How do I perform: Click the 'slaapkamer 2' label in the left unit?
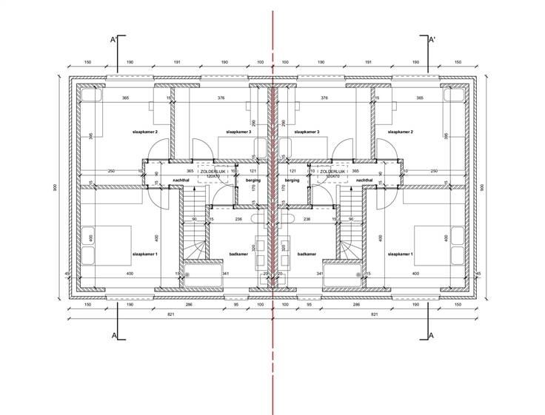tap(145, 132)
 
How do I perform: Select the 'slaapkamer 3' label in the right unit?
tap(307, 132)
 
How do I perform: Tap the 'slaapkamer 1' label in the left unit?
tap(145, 254)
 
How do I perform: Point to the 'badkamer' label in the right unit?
tap(307, 254)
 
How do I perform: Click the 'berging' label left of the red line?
tap(252, 180)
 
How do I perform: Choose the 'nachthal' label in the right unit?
tap(364, 180)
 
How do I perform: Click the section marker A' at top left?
tap(113, 39)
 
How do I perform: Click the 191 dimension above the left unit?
tap(177, 63)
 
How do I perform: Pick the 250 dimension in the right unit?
tap(434, 172)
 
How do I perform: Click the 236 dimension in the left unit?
tap(238, 219)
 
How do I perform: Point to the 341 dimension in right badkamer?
tap(320, 274)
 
